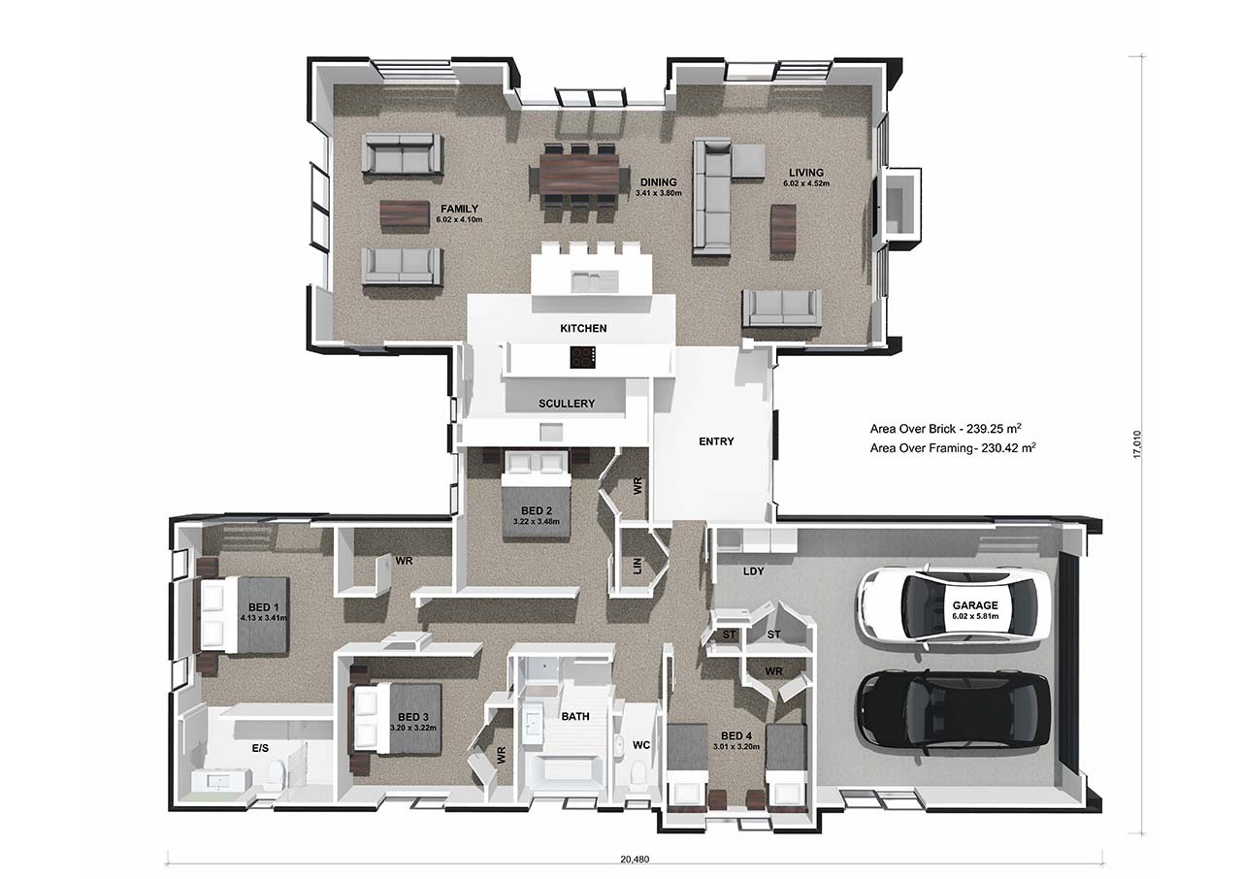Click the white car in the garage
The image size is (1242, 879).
[954, 607]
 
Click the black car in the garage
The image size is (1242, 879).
[954, 713]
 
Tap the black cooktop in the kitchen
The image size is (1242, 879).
[583, 357]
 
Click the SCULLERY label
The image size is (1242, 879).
[567, 404]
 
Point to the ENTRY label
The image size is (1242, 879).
[716, 441]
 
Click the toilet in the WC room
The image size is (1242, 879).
[639, 772]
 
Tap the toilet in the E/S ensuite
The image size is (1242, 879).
[275, 773]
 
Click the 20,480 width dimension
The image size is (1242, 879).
[635, 860]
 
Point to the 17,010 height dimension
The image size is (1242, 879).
[1137, 444]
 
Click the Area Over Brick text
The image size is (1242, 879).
[946, 429]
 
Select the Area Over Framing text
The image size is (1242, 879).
[953, 448]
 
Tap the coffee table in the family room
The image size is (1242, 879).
[405, 213]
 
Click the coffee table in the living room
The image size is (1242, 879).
[783, 230]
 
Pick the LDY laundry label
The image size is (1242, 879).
[754, 570]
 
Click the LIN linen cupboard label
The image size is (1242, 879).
[637, 566]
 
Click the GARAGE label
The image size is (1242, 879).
[975, 605]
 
